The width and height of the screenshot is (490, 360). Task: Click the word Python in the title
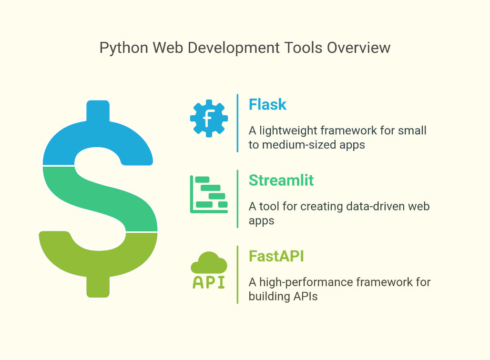pos(124,49)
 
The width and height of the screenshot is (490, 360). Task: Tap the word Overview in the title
pos(359,48)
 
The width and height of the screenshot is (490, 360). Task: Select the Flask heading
pos(267,104)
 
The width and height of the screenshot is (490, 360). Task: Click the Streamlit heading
pos(281,180)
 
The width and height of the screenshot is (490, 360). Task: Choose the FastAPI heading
pos(276,256)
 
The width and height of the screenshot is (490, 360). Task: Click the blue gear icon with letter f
pos(209,119)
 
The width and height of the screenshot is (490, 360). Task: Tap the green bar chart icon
pos(209,194)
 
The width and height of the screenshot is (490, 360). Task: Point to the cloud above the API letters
pos(209,262)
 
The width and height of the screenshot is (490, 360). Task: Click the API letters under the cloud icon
pos(209,282)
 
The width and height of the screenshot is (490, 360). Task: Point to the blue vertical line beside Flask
pos(237,123)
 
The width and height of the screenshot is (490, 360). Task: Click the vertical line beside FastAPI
pos(237,275)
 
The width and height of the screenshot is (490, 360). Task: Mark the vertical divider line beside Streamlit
pos(237,199)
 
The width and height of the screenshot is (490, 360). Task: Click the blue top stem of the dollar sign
pos(98,111)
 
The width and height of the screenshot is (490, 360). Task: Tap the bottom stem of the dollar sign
pos(98,287)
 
